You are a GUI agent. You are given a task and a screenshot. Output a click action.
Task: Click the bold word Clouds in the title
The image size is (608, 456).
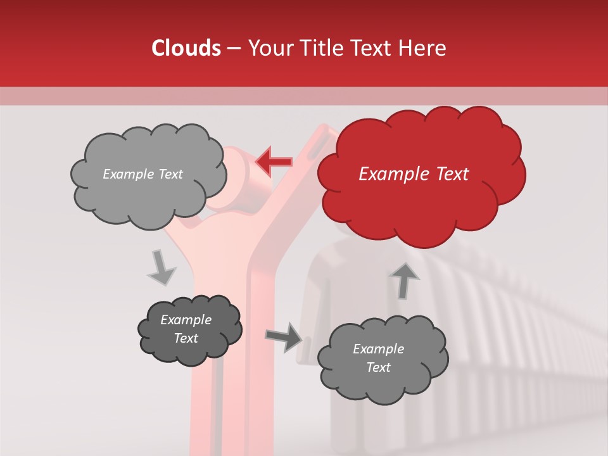point(186,48)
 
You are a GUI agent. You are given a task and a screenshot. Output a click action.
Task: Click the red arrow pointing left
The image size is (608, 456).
point(274,162)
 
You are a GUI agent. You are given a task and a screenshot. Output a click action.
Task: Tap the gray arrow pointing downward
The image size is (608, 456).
point(161,267)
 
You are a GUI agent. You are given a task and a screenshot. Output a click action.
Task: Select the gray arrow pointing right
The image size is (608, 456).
point(284,337)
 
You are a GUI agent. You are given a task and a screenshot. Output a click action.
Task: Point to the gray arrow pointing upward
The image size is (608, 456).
point(404,280)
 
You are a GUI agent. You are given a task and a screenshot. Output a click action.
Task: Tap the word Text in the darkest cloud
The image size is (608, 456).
point(186,338)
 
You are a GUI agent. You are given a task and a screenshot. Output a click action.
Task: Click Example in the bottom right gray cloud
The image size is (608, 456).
point(378,349)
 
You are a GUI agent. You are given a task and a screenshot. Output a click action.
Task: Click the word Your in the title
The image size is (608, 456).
point(267,48)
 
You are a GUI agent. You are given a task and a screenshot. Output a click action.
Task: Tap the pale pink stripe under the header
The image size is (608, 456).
point(304,96)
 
